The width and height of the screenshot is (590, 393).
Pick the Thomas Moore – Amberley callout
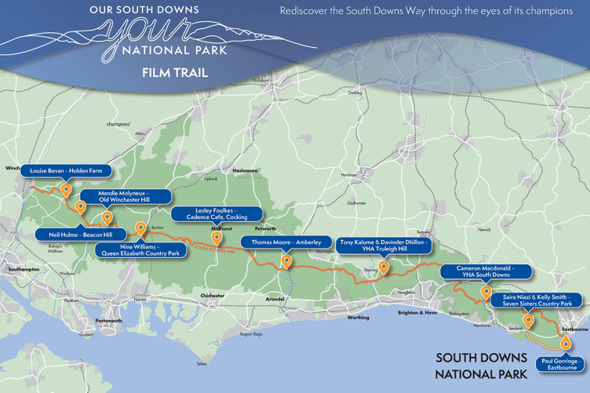[286, 242]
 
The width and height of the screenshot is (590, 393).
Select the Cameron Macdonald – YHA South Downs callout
[485, 272]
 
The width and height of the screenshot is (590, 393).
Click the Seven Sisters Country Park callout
[537, 300]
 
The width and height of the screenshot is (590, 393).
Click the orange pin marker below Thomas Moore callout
[286, 261]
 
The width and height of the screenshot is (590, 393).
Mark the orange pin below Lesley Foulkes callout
[216, 237]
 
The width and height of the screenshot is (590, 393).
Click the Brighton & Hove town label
[417, 312]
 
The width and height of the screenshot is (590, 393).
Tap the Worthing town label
[358, 318]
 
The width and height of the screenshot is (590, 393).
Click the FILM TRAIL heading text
[174, 72]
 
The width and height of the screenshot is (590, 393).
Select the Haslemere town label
[244, 170]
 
